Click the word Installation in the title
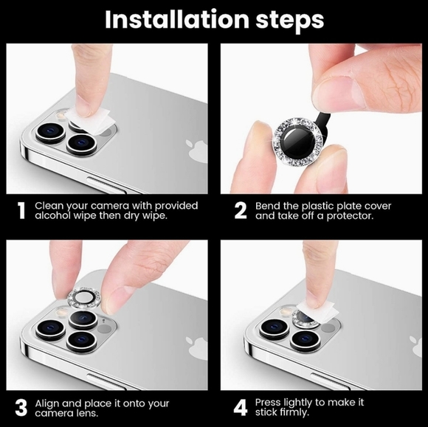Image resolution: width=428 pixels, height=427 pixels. pyautogui.click(x=173, y=20)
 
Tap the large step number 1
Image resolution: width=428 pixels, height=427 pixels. pyautogui.click(x=21, y=211)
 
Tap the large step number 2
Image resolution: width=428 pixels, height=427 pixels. pyautogui.click(x=240, y=211)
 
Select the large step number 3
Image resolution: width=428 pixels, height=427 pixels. pyautogui.click(x=21, y=408)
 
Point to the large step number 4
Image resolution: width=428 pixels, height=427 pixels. pyautogui.click(x=240, y=408)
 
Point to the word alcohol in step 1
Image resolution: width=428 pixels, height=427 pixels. pyautogui.click(x=55, y=217)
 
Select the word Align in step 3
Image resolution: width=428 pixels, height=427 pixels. pyautogui.click(x=49, y=403)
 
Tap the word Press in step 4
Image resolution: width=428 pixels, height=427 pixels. pyautogui.click(x=270, y=402)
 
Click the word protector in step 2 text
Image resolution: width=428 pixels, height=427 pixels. pyautogui.click(x=353, y=217)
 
